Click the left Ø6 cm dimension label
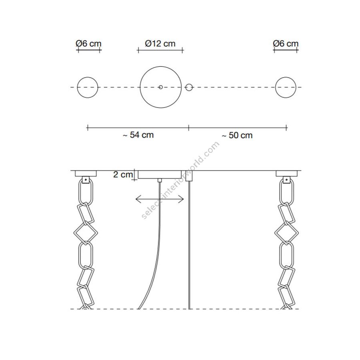point(88,43)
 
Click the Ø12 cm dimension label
point(160,43)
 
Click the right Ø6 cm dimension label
point(286,43)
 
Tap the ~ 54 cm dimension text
point(138,135)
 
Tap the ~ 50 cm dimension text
point(237,135)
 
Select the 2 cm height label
point(123,174)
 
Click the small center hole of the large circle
point(161,87)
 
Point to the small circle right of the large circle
point(189,87)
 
